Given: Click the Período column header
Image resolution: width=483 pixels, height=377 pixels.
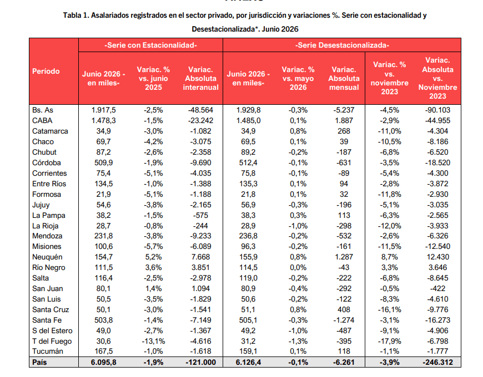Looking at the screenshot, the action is [x=46, y=72].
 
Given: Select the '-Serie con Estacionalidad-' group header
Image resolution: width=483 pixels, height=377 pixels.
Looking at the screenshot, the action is [x=150, y=45].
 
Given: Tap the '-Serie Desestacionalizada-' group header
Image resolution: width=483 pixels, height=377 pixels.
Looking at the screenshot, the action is [x=342, y=45].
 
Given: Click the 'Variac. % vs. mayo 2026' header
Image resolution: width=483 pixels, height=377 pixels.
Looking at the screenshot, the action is [x=298, y=78].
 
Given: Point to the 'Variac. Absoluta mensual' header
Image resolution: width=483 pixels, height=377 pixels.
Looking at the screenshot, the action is [x=344, y=78].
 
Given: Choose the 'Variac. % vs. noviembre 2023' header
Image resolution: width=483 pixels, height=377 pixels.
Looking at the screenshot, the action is [x=390, y=78].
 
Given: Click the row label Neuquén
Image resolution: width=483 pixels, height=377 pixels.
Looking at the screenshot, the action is [x=47, y=257].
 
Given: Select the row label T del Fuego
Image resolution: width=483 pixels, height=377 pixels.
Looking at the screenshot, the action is [x=52, y=342].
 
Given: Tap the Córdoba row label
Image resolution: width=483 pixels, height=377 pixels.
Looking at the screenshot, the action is [x=47, y=162].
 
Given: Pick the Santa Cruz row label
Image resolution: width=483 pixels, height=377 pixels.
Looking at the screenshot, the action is [x=51, y=310].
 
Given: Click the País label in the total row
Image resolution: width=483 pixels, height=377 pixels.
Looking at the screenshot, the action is [x=39, y=362].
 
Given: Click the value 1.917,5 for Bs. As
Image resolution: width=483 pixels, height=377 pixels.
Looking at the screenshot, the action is [x=103, y=110].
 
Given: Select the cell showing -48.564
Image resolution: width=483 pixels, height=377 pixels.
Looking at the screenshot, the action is [x=200, y=110].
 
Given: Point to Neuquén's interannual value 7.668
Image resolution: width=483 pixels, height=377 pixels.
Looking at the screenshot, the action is [x=200, y=257].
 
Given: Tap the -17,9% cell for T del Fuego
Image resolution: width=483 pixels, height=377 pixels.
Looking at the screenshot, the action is [x=390, y=342].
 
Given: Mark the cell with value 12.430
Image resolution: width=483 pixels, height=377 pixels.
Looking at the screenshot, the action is [x=437, y=257].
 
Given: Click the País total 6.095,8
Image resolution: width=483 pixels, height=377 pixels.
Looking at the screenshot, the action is [x=103, y=362].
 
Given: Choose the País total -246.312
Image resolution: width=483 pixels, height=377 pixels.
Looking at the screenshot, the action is [x=437, y=362].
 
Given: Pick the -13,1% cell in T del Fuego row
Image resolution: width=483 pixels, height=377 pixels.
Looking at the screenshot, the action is [x=153, y=342].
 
